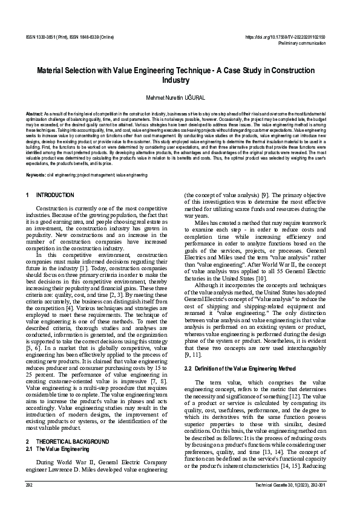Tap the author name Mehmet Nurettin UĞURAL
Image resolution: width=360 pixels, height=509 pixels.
point(180,97)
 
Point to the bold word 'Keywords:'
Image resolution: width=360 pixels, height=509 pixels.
point(36,175)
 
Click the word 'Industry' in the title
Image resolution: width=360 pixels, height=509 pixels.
point(180,80)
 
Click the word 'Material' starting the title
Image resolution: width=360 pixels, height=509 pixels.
point(51,71)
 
